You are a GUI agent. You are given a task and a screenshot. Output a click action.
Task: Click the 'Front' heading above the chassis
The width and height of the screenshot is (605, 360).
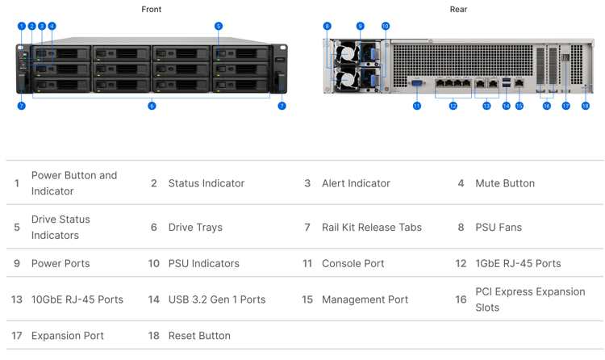point(152,9)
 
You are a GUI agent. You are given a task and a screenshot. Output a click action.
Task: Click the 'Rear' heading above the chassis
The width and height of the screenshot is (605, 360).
point(458,9)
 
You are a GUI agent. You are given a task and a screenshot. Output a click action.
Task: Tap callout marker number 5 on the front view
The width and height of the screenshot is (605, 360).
point(219,27)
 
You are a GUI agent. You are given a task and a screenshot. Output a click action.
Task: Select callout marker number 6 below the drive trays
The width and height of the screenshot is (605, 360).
point(152,106)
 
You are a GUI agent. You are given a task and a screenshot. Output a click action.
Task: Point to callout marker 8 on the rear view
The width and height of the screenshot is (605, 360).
point(327,27)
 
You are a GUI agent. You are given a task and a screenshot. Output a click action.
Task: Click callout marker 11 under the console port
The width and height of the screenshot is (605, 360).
point(417,106)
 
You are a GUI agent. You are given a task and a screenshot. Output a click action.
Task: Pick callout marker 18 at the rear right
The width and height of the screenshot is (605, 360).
point(586,106)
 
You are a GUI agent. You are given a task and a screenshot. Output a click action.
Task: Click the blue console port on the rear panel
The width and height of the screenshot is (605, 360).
point(417,83)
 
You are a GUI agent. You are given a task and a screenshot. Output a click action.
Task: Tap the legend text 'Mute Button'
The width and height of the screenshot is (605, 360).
point(505,183)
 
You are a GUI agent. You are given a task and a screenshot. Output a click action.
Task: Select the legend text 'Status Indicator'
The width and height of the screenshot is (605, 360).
point(207,183)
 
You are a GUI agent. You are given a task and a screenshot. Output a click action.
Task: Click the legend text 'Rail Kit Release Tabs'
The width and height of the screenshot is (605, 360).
point(372,227)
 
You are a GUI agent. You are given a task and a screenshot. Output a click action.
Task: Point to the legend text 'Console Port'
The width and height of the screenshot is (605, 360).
point(353,263)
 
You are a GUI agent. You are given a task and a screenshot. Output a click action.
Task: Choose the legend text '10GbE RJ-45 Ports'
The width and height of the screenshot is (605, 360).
point(77,299)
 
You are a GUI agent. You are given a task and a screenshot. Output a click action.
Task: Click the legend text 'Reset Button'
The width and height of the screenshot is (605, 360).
point(199,336)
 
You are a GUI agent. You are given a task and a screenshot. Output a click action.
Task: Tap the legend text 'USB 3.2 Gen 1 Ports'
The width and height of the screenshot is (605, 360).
point(217,299)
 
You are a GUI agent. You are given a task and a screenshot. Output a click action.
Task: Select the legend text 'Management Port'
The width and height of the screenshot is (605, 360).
point(365,299)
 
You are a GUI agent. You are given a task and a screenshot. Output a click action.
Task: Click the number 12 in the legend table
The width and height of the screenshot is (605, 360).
point(461,263)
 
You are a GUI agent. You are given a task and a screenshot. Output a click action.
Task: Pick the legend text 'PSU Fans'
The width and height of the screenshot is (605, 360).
point(499,227)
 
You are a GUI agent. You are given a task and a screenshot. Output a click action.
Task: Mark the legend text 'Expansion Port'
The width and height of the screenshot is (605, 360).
point(68,336)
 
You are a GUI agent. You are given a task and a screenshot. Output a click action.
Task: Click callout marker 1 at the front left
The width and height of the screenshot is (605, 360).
point(22,27)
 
